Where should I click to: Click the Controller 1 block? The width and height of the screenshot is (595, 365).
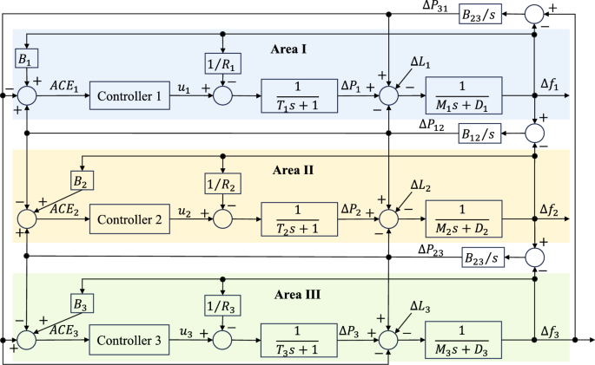(129, 95)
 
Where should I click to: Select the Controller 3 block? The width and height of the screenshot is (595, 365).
(129, 340)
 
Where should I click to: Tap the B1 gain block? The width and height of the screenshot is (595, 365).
(27, 58)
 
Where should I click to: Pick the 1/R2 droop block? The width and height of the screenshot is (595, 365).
(222, 184)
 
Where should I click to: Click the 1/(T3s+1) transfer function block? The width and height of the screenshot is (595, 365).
(299, 340)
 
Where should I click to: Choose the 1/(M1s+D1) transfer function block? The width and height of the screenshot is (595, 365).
(464, 95)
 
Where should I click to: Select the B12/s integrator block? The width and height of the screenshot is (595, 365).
(479, 134)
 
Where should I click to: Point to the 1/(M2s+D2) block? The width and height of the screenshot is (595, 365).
(464, 218)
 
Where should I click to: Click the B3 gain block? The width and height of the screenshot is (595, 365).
(82, 303)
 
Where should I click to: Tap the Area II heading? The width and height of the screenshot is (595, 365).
(293, 170)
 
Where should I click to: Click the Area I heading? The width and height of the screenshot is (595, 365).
(288, 49)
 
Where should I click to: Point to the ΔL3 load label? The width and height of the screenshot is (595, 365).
(420, 307)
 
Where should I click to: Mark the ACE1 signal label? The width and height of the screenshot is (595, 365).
(64, 87)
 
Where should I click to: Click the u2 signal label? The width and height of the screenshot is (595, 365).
(184, 212)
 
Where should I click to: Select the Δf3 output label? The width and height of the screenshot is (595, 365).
(549, 332)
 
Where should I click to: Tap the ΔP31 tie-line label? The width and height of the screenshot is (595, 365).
(435, 6)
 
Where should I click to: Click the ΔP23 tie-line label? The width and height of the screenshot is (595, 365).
(431, 251)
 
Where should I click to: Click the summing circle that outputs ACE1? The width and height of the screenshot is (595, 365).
(27, 95)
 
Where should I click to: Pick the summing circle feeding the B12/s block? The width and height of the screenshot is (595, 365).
(535, 134)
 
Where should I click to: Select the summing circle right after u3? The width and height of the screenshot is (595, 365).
(222, 340)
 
